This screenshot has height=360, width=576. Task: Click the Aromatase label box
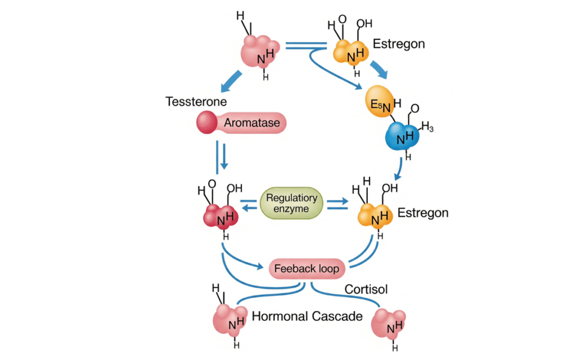(x=254, y=123)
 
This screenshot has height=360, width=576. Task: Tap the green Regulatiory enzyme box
(x=292, y=203)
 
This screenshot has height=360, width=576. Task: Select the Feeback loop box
(x=306, y=268)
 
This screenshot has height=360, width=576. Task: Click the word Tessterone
(x=196, y=102)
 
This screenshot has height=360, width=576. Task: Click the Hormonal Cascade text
(x=307, y=317)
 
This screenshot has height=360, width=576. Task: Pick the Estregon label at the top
(x=399, y=44)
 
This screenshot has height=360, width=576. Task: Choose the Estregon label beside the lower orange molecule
(x=422, y=213)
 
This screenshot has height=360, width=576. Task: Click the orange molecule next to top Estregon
(x=350, y=51)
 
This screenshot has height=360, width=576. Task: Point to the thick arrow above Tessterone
(x=232, y=82)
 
